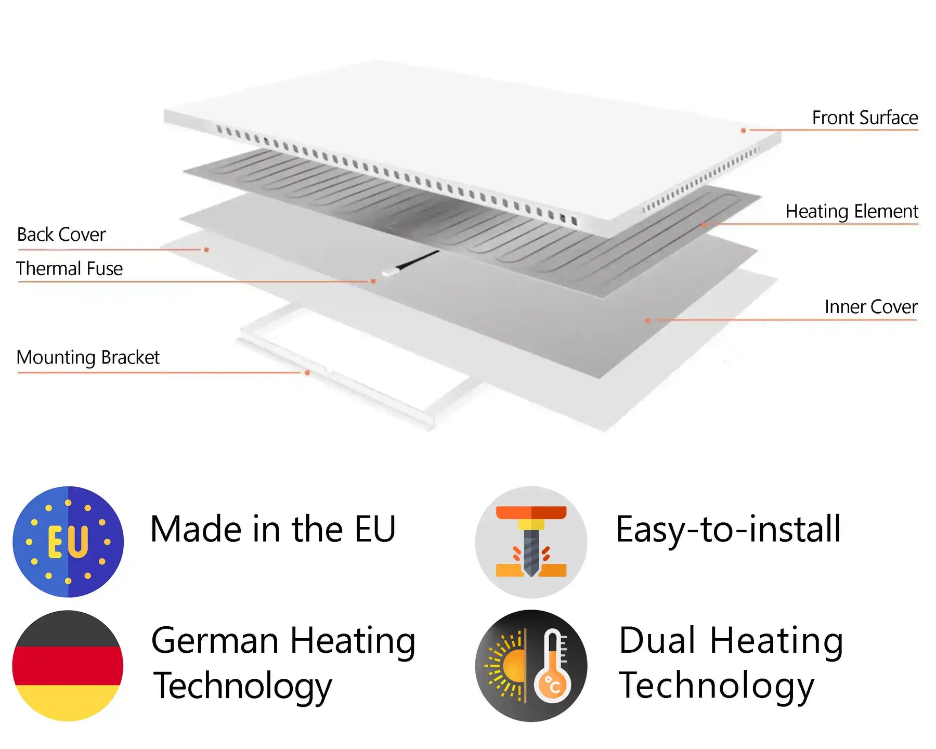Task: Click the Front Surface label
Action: [865, 118]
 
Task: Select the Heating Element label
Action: [851, 211]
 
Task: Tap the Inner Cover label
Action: [870, 307]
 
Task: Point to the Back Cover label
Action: [61, 235]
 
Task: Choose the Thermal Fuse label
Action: [69, 268]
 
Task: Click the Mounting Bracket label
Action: [88, 357]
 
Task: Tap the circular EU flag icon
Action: [68, 541]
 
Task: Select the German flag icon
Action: [68, 665]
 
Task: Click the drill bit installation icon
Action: [531, 541]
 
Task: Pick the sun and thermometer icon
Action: [531, 665]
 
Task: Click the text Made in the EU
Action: [273, 529]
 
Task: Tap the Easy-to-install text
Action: [728, 530]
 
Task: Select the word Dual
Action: [657, 640]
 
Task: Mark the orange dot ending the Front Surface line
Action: [744, 130]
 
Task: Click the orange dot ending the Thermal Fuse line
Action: [373, 281]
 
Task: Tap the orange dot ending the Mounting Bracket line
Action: [308, 373]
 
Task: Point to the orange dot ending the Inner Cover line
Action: [647, 320]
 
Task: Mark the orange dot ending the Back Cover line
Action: [206, 250]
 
